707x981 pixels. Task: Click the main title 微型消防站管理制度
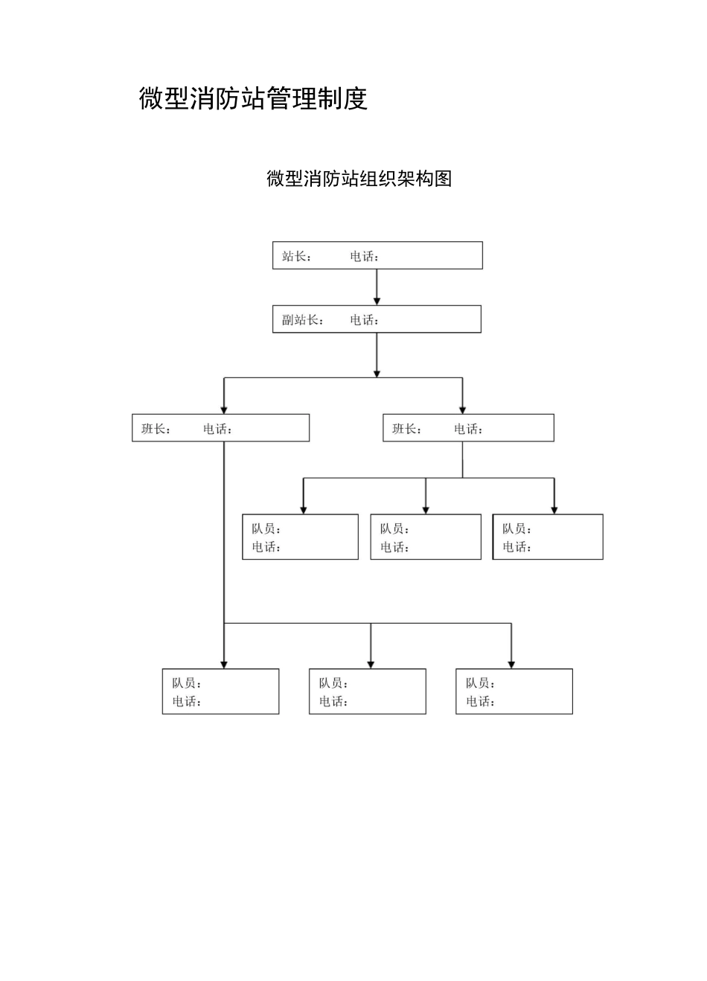(x=253, y=98)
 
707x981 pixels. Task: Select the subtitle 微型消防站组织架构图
(x=359, y=179)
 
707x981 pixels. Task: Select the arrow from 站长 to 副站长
(x=377, y=287)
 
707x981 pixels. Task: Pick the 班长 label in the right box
(x=406, y=429)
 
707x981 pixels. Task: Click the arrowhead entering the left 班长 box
(x=224, y=409)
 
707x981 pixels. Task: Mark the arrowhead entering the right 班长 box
(x=462, y=409)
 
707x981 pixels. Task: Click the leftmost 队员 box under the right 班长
(x=300, y=537)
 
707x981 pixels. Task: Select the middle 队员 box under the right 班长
(x=426, y=537)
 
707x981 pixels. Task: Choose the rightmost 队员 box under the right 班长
(x=548, y=537)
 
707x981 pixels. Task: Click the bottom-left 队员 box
(x=220, y=691)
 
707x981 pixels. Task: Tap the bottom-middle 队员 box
(x=368, y=691)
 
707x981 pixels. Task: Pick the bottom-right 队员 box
(x=514, y=691)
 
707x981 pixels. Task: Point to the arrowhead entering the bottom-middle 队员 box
(x=371, y=664)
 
